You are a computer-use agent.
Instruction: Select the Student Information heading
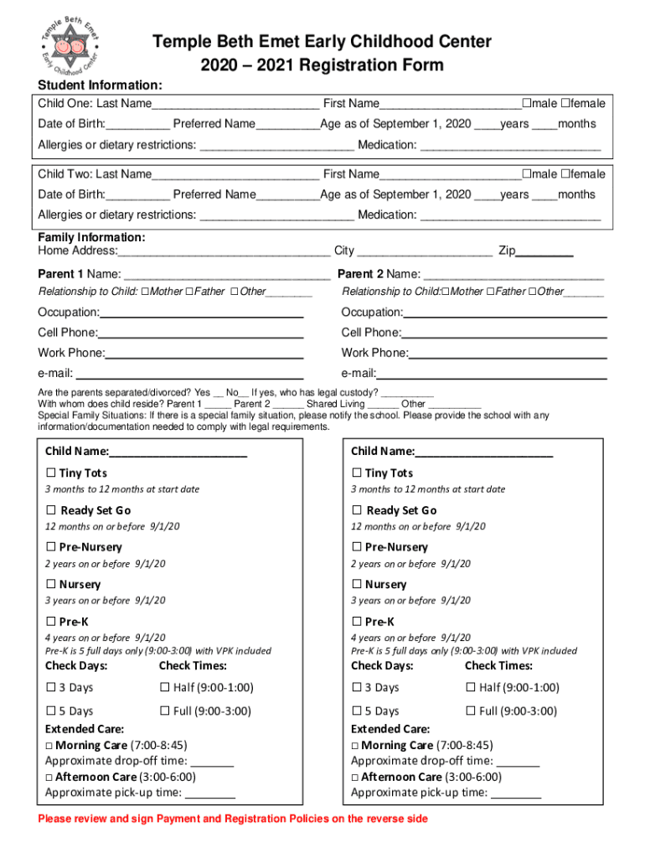pyautogui.click(x=100, y=85)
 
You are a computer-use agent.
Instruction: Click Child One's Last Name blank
pyautogui.click(x=235, y=105)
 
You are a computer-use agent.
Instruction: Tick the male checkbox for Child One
pyautogui.click(x=526, y=104)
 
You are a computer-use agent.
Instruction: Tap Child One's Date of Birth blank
pyautogui.click(x=137, y=125)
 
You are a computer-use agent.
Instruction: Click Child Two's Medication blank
pyautogui.click(x=509, y=216)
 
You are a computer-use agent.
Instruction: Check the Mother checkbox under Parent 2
pyautogui.click(x=445, y=292)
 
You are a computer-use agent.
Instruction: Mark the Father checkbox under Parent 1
pyautogui.click(x=188, y=292)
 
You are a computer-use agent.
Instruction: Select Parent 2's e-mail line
pyautogui.click(x=491, y=375)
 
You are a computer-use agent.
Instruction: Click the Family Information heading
pyautogui.click(x=91, y=238)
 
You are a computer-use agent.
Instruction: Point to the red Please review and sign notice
pyautogui.click(x=233, y=819)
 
